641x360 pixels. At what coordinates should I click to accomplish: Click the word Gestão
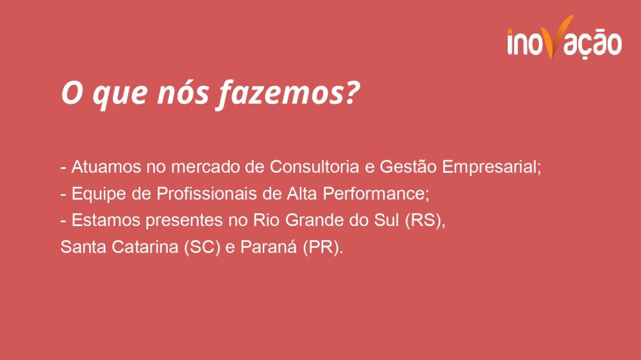click(408, 167)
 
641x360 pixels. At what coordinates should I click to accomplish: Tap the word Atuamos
click(106, 167)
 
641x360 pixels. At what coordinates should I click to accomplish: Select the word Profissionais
click(207, 193)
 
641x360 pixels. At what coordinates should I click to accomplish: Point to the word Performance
click(376, 193)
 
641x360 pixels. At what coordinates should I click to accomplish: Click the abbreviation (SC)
click(203, 247)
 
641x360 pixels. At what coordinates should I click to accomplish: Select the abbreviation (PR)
click(323, 247)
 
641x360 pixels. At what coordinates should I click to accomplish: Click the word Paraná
click(269, 247)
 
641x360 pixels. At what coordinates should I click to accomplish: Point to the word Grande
click(314, 220)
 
